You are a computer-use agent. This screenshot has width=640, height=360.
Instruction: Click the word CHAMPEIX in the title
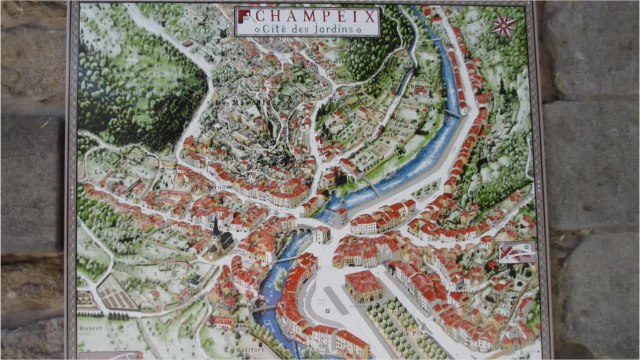(313, 16)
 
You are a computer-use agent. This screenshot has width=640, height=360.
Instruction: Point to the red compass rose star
(506, 24)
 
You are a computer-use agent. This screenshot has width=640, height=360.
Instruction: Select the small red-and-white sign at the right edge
(517, 251)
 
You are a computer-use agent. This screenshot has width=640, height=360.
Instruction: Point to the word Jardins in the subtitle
(345, 30)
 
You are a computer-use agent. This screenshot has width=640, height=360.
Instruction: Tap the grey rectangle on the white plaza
(331, 301)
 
